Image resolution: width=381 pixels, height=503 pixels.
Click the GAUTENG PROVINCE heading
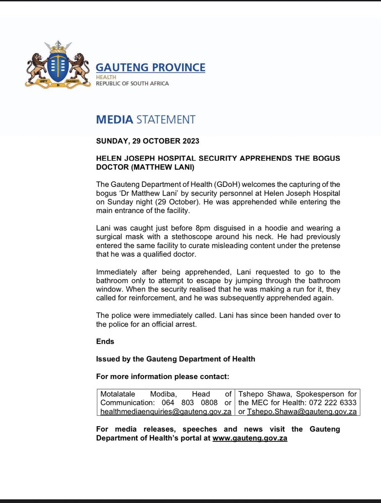[x=150, y=67]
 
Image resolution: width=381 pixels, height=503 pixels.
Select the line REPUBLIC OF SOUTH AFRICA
[x=132, y=83]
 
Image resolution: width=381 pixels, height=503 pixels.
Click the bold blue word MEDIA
[x=114, y=119]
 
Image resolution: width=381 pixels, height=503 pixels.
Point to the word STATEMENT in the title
[x=165, y=119]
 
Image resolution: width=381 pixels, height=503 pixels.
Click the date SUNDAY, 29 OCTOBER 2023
[x=148, y=141]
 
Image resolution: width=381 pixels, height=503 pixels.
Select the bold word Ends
[x=105, y=341]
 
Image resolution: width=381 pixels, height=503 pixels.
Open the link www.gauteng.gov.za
[x=250, y=438]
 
